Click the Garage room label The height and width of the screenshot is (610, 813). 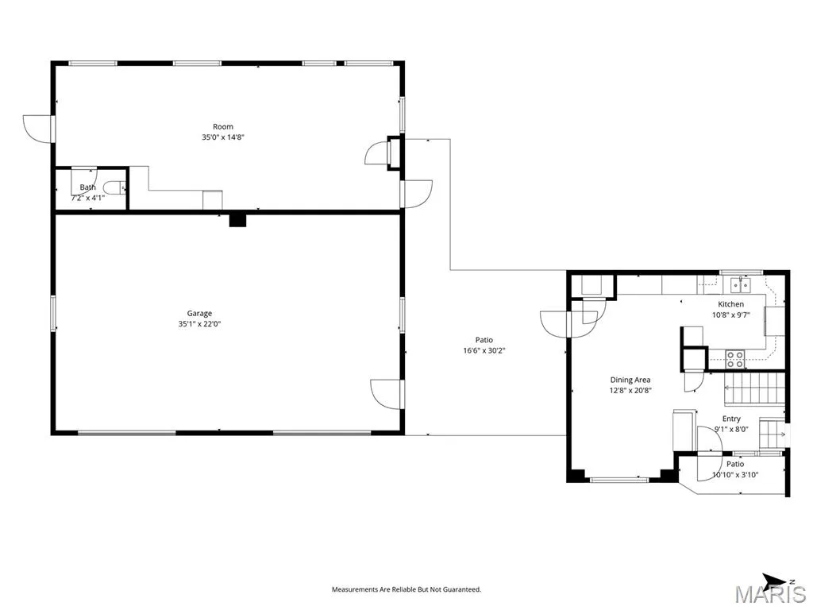(x=199, y=313)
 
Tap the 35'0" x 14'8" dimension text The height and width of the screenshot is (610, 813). (x=223, y=137)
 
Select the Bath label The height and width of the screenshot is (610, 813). (x=87, y=187)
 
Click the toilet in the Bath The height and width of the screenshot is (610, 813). (x=114, y=187)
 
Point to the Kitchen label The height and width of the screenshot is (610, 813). (x=730, y=304)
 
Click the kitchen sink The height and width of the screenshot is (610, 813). (x=741, y=285)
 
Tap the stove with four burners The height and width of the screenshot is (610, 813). (x=734, y=359)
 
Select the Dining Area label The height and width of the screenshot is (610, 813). (x=630, y=380)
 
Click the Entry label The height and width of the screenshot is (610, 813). (x=731, y=419)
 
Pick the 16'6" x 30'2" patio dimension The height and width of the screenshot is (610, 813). (x=484, y=350)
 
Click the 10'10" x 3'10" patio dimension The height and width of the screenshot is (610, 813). (x=735, y=475)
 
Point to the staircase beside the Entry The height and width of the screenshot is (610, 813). (x=754, y=389)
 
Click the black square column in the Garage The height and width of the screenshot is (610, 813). (x=237, y=221)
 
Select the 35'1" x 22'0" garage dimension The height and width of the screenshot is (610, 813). (x=199, y=324)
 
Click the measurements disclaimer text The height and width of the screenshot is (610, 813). (x=406, y=589)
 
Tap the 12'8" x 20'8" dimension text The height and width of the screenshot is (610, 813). (x=630, y=391)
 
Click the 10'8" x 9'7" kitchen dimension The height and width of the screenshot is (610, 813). (x=730, y=315)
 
